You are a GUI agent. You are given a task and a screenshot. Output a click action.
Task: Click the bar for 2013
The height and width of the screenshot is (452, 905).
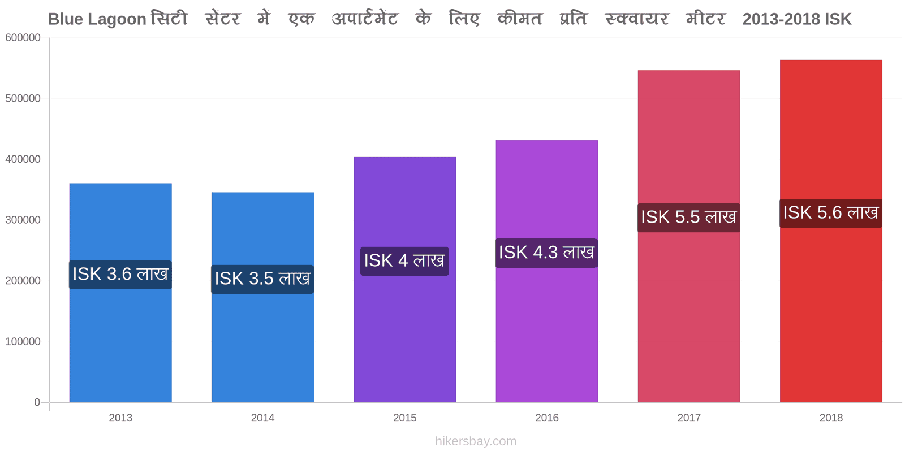[x=120, y=293]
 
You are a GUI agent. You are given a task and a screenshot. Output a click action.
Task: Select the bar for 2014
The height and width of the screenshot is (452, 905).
[x=262, y=297]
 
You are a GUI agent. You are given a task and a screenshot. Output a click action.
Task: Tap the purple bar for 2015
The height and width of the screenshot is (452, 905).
[x=405, y=279]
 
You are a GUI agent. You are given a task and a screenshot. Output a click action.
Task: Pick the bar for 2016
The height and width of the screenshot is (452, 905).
[x=547, y=271]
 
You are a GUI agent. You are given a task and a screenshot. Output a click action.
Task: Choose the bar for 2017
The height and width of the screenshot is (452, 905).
[x=689, y=236]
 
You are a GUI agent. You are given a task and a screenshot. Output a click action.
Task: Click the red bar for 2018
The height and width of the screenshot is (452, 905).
[x=831, y=231]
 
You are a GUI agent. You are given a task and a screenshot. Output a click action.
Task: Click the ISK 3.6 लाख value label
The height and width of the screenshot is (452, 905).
[x=120, y=275]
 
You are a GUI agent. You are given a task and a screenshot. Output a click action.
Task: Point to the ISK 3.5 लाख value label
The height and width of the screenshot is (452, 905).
[x=262, y=279]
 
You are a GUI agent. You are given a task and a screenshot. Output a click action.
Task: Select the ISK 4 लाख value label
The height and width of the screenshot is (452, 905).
[x=404, y=261]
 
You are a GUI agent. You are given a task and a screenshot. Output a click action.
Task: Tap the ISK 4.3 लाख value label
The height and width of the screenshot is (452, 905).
[x=546, y=253]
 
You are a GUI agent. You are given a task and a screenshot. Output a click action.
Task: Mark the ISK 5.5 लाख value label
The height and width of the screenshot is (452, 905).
[x=689, y=218]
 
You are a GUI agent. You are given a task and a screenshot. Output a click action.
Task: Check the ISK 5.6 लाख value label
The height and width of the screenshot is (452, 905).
[x=831, y=213]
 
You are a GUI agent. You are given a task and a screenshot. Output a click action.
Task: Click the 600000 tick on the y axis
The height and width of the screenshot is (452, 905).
[x=23, y=37]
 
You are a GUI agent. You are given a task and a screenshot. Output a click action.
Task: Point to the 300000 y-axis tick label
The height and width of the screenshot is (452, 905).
[x=23, y=220]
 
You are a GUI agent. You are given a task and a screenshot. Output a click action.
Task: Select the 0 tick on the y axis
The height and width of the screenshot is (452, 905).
[x=37, y=402]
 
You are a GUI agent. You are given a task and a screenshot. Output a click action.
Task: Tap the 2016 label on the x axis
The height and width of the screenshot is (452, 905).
[x=547, y=418]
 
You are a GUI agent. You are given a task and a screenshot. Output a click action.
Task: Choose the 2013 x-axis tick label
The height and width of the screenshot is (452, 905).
[x=120, y=418]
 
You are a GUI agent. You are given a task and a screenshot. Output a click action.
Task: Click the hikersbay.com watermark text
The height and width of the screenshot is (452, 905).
[x=476, y=441]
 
